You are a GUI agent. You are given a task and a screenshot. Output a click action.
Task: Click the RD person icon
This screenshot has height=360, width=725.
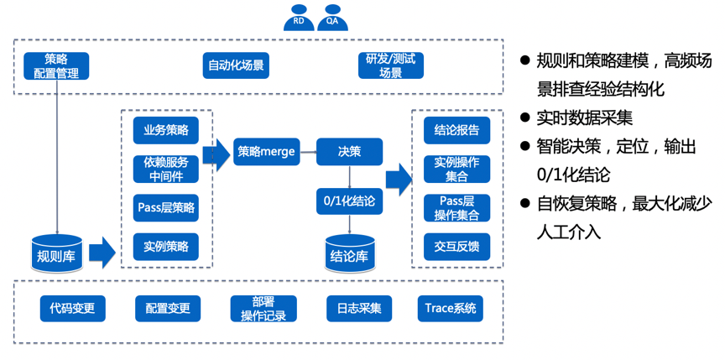click(299, 21)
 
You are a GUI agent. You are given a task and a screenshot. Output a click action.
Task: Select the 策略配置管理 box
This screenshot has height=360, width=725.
click(56, 65)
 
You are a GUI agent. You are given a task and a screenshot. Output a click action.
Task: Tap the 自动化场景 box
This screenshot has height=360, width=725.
click(236, 65)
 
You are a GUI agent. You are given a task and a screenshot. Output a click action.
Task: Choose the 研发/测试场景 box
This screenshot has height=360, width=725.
click(391, 65)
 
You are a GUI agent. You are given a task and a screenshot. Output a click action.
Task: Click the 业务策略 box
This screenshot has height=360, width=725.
click(165, 130)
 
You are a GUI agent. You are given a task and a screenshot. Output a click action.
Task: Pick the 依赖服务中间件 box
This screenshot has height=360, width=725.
click(165, 169)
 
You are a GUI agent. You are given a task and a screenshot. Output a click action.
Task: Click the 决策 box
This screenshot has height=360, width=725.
click(349, 151)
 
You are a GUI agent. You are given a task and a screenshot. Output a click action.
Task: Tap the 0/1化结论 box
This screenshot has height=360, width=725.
click(349, 201)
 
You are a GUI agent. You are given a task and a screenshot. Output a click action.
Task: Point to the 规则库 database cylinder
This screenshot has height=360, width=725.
click(56, 252)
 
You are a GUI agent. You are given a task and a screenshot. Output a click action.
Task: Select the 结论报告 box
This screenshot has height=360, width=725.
click(456, 130)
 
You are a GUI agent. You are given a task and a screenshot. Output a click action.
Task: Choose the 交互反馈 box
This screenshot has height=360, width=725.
click(456, 246)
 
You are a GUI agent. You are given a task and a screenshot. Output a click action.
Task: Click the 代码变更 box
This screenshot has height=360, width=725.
click(72, 308)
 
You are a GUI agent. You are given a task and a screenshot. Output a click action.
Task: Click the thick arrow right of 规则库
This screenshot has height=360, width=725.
click(102, 252)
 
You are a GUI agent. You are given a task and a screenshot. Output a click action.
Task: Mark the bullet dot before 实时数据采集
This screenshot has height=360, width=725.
click(526, 117)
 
